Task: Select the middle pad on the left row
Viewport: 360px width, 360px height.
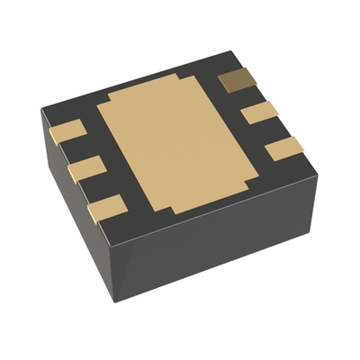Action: [x=83, y=169]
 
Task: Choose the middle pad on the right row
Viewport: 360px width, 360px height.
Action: [x=262, y=113]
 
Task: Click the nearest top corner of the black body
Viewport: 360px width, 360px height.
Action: [x=113, y=241]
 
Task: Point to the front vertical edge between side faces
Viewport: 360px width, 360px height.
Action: [x=115, y=270]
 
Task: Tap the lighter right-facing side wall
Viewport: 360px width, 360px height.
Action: [x=225, y=243]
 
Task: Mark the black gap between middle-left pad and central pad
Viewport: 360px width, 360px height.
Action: [x=103, y=162]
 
